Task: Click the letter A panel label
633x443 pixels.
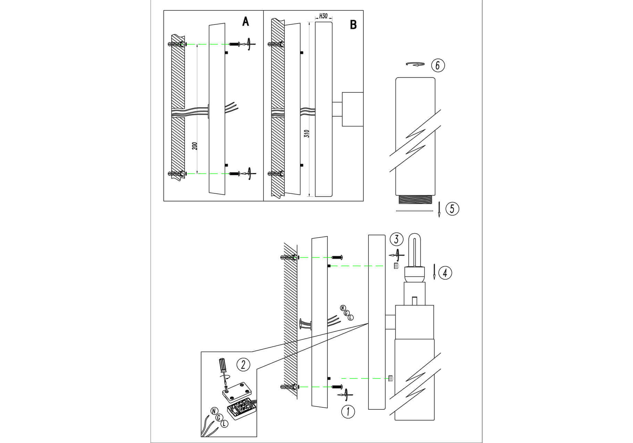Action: (245, 22)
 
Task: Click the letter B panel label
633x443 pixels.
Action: (353, 25)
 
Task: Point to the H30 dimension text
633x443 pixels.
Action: (323, 16)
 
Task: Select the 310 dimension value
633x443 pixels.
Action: (307, 134)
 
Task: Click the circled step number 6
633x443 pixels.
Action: (438, 65)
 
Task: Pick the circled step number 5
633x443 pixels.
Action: (452, 209)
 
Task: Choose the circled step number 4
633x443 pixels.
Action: (445, 273)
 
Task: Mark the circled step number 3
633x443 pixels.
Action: (396, 239)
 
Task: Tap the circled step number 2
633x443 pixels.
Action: (243, 364)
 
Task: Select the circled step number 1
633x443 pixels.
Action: (348, 412)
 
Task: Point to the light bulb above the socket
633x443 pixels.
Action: (415, 250)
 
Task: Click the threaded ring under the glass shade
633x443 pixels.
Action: (415, 200)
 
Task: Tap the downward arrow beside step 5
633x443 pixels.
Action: (439, 210)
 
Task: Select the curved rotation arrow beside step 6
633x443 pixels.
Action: (415, 64)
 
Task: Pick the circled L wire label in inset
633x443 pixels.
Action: (224, 424)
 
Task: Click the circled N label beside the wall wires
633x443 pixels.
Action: (343, 308)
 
